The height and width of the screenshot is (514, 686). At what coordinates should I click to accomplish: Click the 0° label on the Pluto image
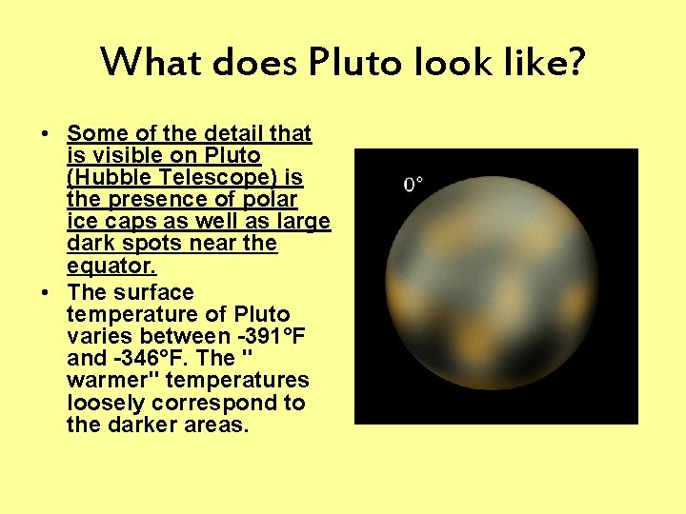coord(413,184)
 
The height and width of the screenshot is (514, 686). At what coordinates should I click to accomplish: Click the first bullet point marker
coord(47,133)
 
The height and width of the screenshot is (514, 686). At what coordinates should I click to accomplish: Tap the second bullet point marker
coord(47,293)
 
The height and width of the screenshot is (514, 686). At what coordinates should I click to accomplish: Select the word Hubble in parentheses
coord(110,177)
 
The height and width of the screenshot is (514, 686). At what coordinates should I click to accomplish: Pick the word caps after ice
coord(129,222)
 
